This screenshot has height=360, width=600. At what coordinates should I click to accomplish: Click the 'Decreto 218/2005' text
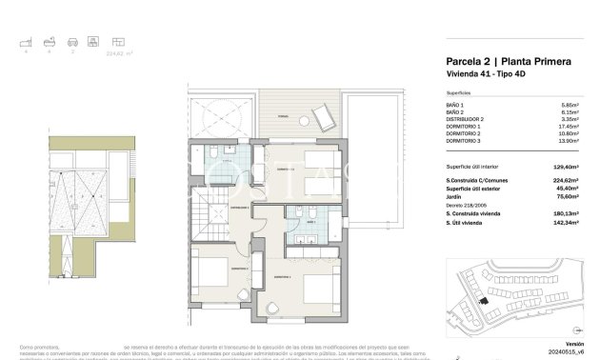(466, 204)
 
